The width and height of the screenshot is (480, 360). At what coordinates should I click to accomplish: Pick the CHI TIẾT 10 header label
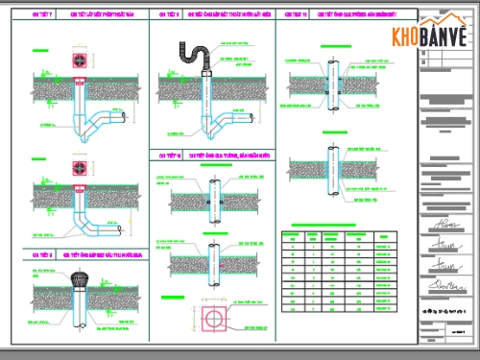[165, 155]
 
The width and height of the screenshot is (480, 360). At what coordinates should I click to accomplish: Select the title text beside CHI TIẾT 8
[96, 254]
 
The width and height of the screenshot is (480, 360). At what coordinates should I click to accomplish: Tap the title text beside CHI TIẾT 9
[227, 16]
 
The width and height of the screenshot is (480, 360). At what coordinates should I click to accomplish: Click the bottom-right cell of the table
[384, 307]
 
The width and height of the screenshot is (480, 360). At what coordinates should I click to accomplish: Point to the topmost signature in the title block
[444, 226]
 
